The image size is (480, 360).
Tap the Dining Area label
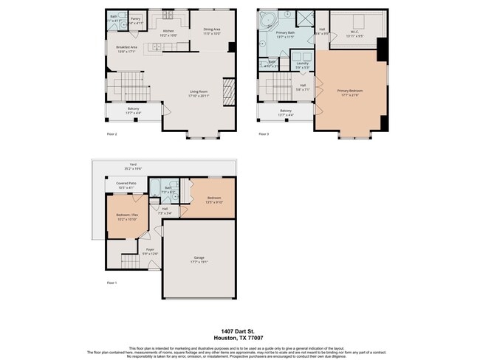[x=212, y=30]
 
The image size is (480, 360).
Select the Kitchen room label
[x=168, y=31]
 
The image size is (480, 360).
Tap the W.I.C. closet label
[x=354, y=31]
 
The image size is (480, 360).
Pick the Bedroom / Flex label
[x=127, y=215]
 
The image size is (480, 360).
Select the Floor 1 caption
[x=112, y=283]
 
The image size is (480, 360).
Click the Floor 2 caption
[x=112, y=134]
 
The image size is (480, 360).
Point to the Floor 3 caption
[x=263, y=134]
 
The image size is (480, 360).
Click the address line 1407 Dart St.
[x=240, y=332]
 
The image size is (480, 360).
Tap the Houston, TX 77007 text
[x=240, y=339]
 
